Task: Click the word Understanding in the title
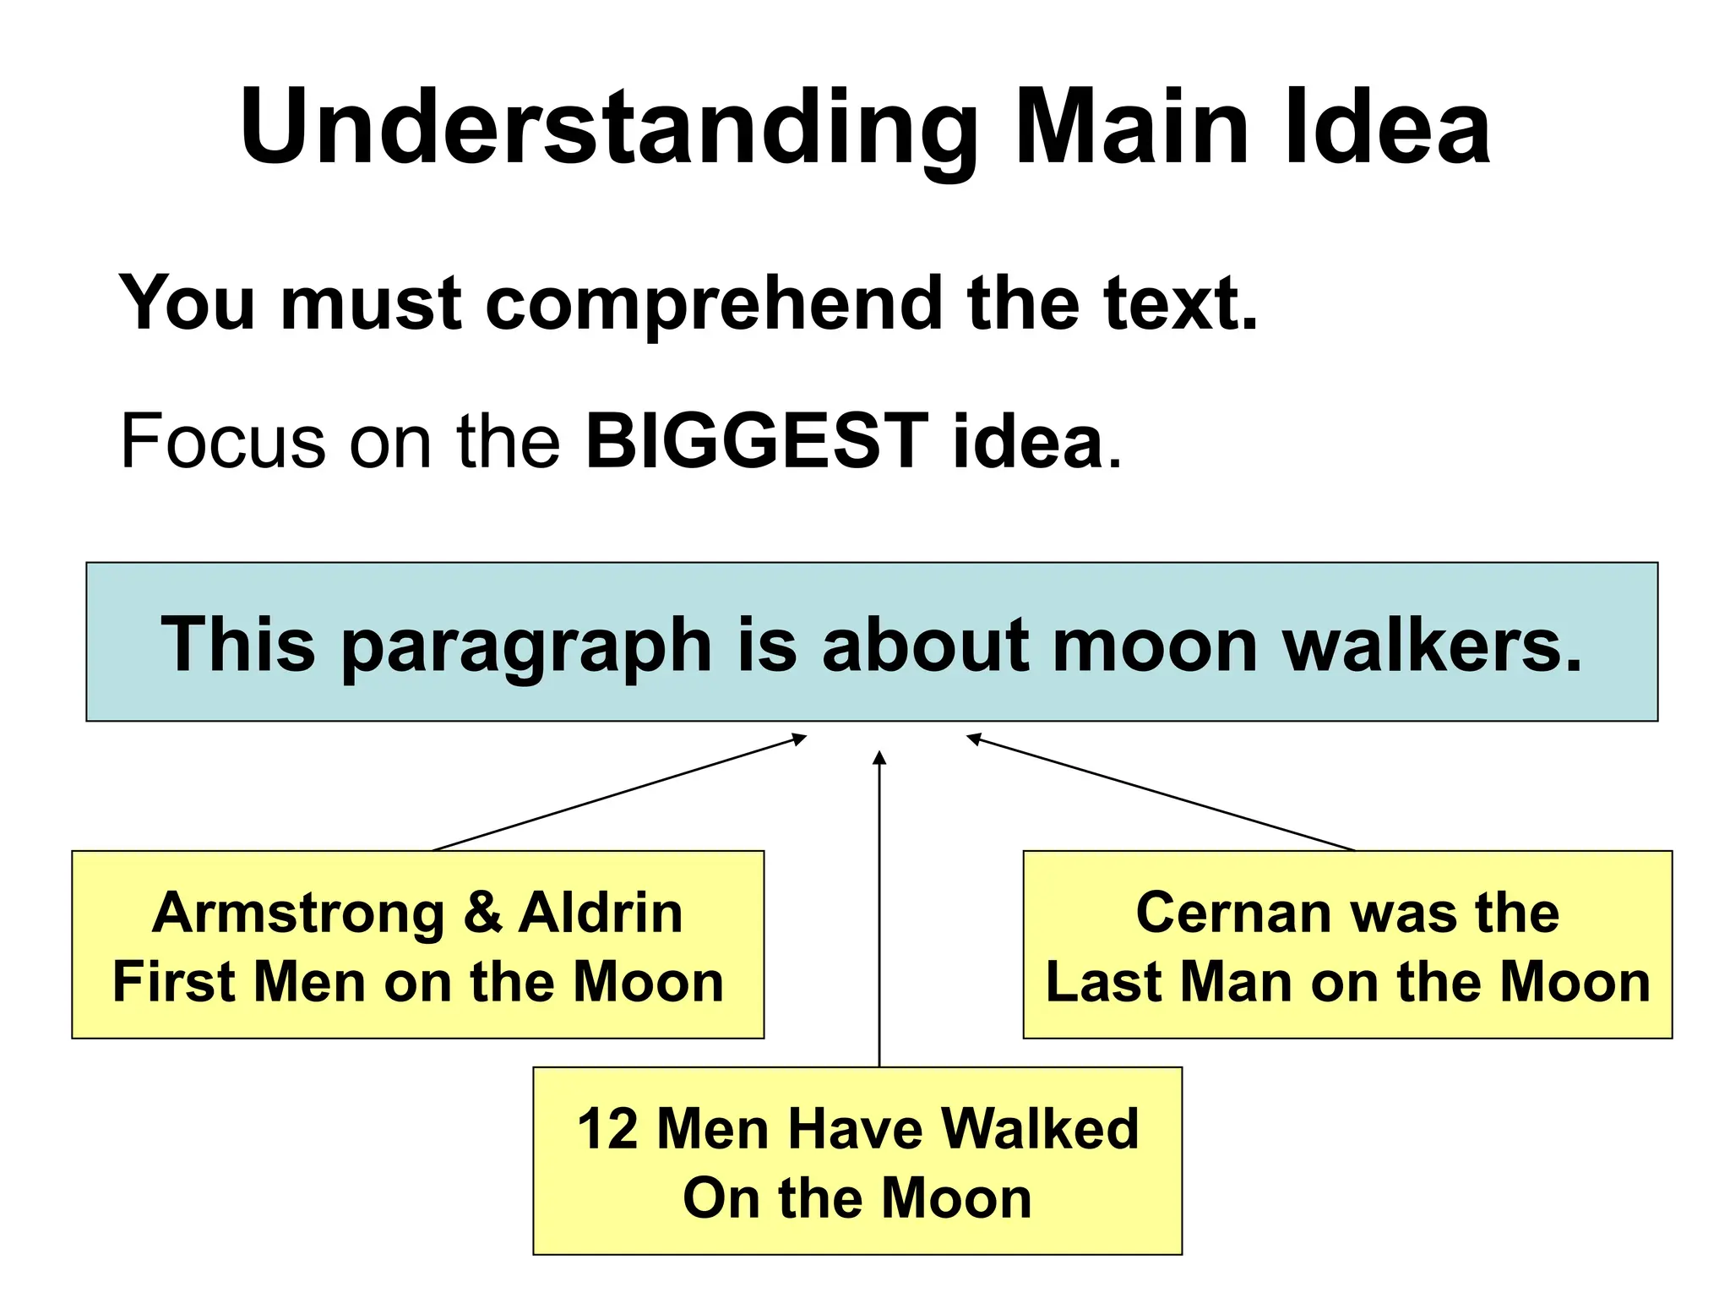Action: pyautogui.click(x=608, y=128)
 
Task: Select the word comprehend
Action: pyautogui.click(x=714, y=304)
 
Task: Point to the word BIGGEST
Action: pyautogui.click(x=757, y=441)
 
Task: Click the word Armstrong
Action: pyautogui.click(x=298, y=914)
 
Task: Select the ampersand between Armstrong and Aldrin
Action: pyautogui.click(x=482, y=914)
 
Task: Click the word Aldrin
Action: pyautogui.click(x=601, y=914)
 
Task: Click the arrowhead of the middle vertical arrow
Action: pyautogui.click(x=879, y=757)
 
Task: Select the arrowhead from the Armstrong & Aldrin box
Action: pyautogui.click(x=799, y=739)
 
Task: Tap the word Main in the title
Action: pyautogui.click(x=1131, y=128)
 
